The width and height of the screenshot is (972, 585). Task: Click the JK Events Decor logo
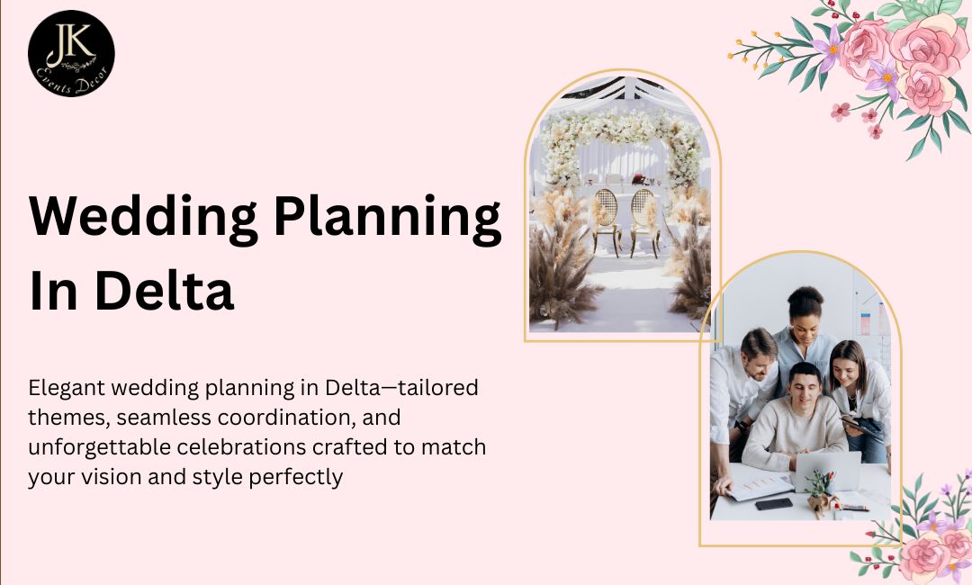point(71,53)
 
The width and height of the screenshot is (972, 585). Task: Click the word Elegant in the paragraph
point(65,389)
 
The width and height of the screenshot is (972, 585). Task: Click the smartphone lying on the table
point(774,504)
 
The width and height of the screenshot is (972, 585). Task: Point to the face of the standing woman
point(805,316)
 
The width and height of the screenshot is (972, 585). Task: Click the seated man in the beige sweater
point(793,423)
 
